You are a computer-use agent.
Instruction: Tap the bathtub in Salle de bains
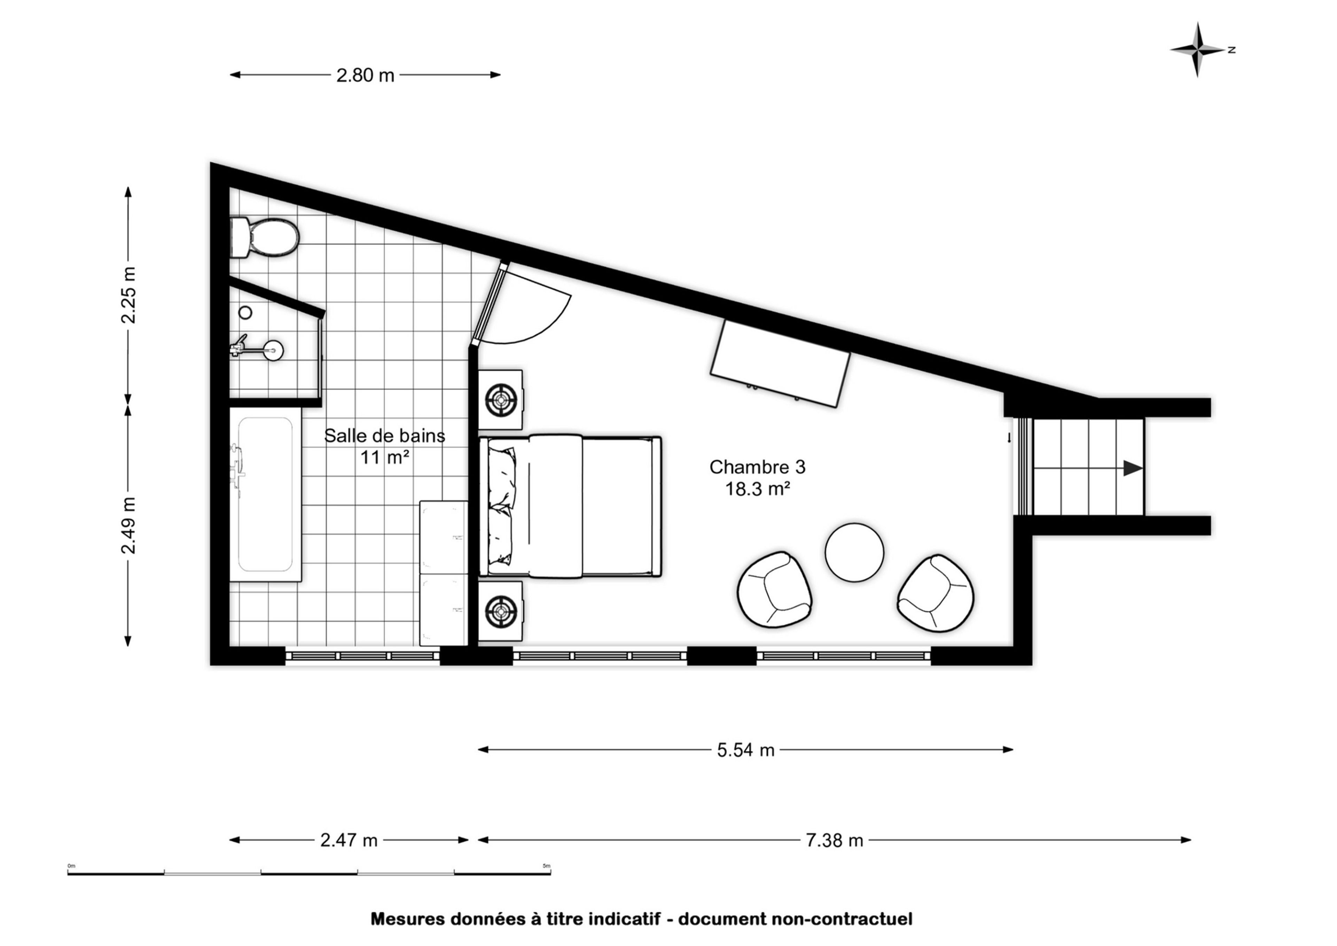[x=265, y=494]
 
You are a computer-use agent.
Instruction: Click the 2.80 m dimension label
[x=365, y=75]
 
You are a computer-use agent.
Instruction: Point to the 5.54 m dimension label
[x=746, y=750]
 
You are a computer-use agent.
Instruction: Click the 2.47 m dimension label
[x=349, y=840]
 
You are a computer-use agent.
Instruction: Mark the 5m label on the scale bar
[x=546, y=866]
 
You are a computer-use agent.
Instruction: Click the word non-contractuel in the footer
[x=842, y=919]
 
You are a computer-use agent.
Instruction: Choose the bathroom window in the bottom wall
[x=362, y=656]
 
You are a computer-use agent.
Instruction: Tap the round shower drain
[x=245, y=313]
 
